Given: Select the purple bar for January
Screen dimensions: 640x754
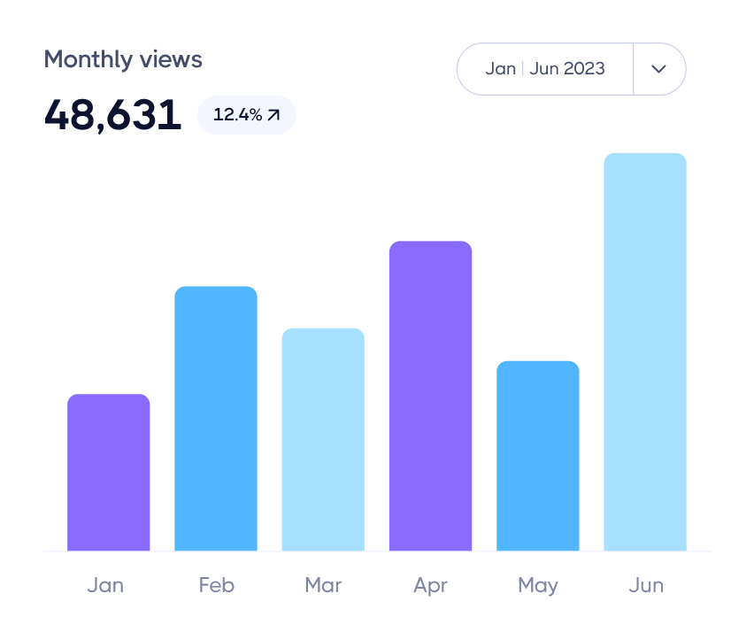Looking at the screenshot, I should [x=108, y=473].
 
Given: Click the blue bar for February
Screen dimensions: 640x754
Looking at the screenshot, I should [x=216, y=419].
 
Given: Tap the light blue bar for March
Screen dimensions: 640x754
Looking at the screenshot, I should [x=323, y=440].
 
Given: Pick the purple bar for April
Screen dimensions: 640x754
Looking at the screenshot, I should [x=430, y=396].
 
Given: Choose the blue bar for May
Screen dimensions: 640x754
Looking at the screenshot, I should [x=537, y=456].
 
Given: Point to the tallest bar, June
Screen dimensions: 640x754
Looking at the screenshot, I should [x=645, y=352].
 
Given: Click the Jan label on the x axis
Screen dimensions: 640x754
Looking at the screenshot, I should [x=105, y=585].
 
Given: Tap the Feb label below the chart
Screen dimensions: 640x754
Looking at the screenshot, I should [x=216, y=585].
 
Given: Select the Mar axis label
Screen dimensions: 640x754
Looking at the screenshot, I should [x=323, y=585].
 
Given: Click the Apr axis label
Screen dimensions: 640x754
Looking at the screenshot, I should [x=430, y=585].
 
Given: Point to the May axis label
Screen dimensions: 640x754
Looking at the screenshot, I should [x=537, y=585].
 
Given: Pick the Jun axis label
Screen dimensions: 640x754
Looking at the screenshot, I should [x=645, y=585].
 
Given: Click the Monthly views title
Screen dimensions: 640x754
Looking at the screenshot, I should [x=123, y=59].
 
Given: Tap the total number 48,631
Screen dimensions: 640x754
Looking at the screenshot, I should [x=112, y=115].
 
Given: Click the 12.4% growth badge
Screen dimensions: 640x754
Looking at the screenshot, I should [x=246, y=115].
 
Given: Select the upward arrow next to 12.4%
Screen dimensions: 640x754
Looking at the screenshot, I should [x=273, y=115].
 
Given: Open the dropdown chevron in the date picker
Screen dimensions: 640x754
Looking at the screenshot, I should [x=658, y=69].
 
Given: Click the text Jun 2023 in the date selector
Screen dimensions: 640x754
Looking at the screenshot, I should [x=567, y=69].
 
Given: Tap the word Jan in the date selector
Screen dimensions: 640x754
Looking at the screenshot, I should [x=500, y=69].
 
